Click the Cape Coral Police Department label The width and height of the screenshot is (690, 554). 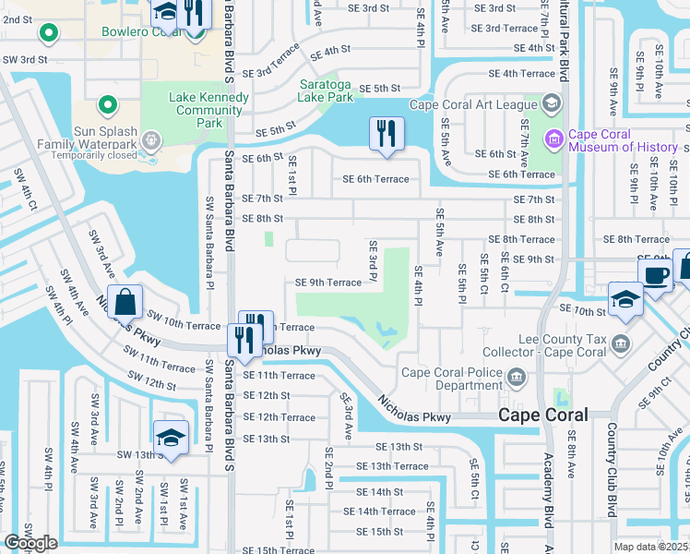click(x=452, y=379)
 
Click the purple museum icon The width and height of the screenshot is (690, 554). click(x=553, y=139)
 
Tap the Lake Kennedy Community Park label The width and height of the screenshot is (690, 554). click(x=208, y=110)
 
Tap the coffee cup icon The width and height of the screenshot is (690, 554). click(x=656, y=275)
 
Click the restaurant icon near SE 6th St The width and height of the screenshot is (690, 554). click(x=387, y=133)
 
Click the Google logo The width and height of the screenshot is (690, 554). click(x=30, y=542)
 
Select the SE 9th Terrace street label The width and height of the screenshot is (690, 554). click(x=327, y=283)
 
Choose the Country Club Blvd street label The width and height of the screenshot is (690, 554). click(x=611, y=471)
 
